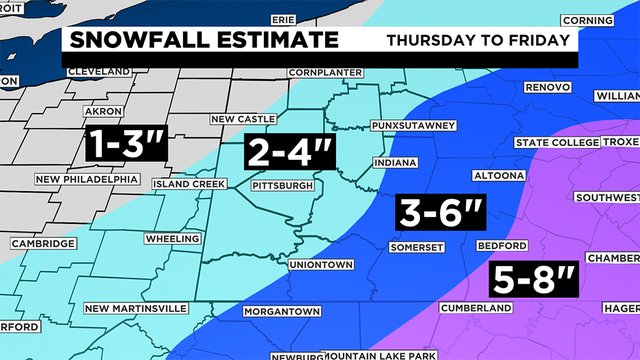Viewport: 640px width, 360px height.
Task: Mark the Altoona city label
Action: tap(498, 176)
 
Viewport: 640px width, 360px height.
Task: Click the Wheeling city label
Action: tap(172, 240)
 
